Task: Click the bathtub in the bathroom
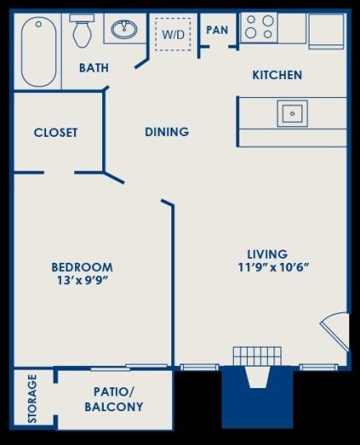point(39,52)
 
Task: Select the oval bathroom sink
point(124,29)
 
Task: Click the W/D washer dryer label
point(173,35)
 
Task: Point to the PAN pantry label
point(217,30)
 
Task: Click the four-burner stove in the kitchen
point(259,27)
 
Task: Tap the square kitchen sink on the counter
point(292,114)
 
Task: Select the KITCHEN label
point(277,75)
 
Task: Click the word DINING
point(166,132)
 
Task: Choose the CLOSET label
point(55,133)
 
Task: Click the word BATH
point(94,68)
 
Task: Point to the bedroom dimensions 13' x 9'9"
point(83,280)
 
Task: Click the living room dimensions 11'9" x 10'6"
point(274,267)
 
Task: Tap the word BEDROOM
point(82,267)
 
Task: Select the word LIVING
point(268,254)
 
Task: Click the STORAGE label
point(32,399)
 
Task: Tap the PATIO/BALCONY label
point(114,400)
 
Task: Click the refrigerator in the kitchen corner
point(326,31)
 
